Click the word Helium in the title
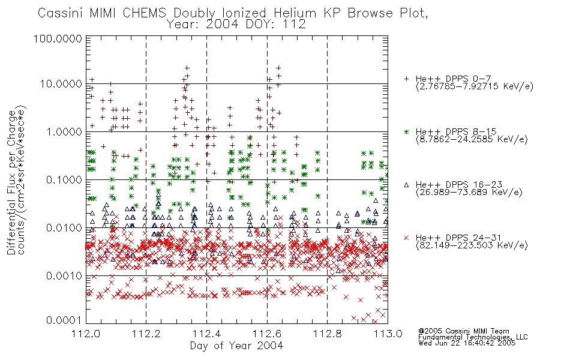pos(295,13)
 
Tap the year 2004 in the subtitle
pos(222,25)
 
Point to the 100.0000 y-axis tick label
pos(58,38)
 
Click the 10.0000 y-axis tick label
pos(61,84)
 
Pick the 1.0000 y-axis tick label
pos(64,131)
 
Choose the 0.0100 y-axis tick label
pos(64,228)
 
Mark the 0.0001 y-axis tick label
pos(64,320)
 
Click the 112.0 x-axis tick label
pos(86,334)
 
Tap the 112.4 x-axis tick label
pos(206,334)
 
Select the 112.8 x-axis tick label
pos(327,334)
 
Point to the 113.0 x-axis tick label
pos(388,334)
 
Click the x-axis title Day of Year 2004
pos(236,346)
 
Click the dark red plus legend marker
pos(406,79)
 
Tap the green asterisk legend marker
pos(406,131)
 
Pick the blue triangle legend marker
pos(406,185)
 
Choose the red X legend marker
pos(406,238)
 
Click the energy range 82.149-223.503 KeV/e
pos(472,245)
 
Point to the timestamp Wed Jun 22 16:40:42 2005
pos(467,343)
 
